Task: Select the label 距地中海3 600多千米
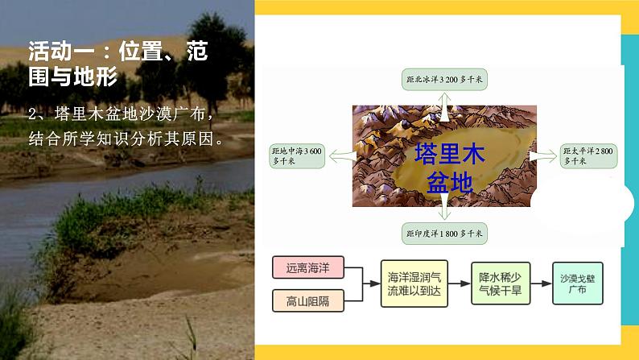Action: [x=297, y=155]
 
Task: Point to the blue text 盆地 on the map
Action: [x=448, y=183]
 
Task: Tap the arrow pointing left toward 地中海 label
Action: [x=340, y=155]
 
